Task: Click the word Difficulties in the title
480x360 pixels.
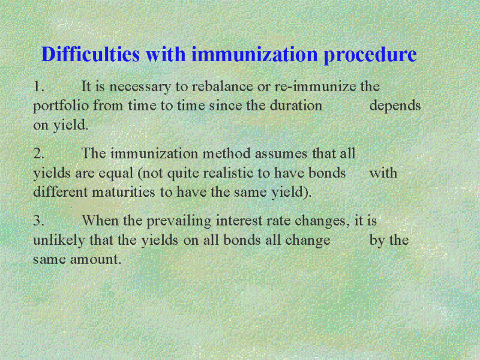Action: (x=91, y=54)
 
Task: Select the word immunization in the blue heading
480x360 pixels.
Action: (x=254, y=54)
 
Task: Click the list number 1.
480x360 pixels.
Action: (x=39, y=86)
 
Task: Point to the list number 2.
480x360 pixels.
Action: (x=39, y=153)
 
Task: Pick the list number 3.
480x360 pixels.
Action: (x=39, y=220)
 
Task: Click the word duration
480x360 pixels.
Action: (x=296, y=106)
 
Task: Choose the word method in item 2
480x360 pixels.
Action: (x=226, y=153)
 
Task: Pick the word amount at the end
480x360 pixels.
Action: (x=95, y=260)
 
